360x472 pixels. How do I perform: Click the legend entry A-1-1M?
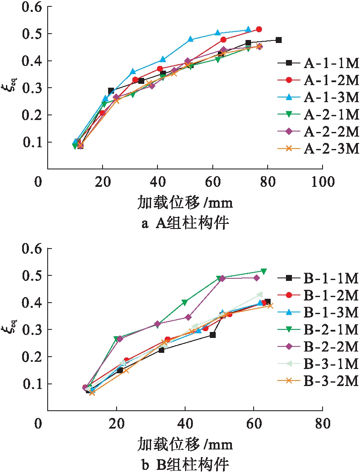[x=319, y=63]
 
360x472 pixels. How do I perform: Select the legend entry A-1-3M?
[x=319, y=97]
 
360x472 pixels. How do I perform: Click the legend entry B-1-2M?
[x=319, y=295]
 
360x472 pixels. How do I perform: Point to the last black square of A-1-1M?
[x=279, y=40]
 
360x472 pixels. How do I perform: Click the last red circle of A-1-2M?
[x=259, y=29]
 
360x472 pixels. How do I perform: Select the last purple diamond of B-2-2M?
[x=256, y=278]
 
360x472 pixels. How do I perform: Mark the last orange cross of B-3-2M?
[x=270, y=306]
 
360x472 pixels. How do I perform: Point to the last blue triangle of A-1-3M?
[x=249, y=30]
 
